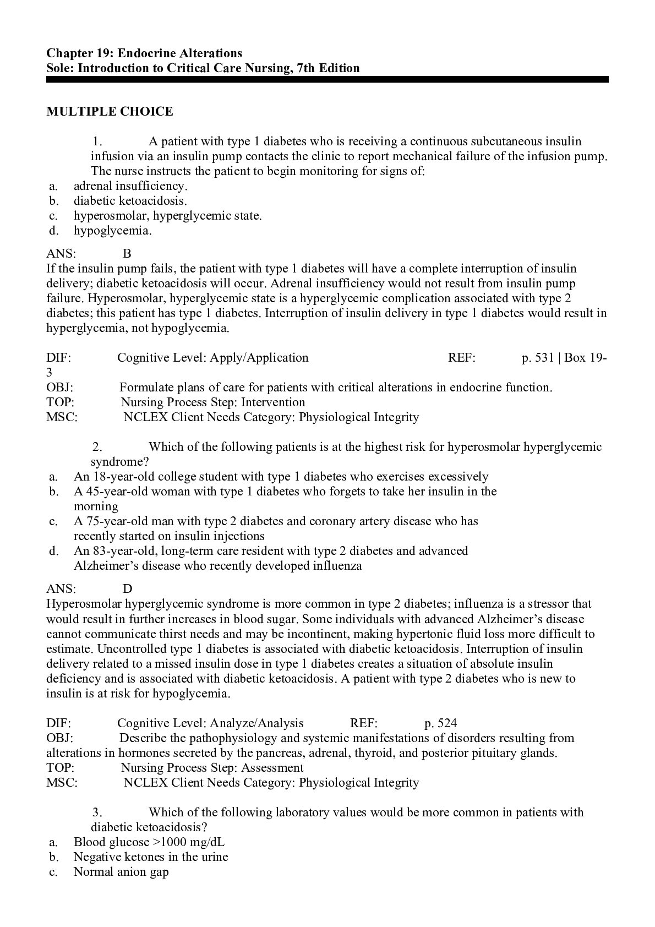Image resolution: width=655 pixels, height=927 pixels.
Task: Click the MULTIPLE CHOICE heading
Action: coord(110,112)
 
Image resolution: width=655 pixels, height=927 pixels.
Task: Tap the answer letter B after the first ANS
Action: coord(127,254)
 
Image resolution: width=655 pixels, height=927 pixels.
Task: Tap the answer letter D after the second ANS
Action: coord(127,589)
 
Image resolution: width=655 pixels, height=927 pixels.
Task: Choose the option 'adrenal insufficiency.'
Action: coord(130,186)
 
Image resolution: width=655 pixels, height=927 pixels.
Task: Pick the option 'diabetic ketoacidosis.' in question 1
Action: coord(130,201)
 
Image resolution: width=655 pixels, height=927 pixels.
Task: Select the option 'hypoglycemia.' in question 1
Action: coord(112,231)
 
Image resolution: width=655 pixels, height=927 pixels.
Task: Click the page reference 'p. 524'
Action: coord(440,723)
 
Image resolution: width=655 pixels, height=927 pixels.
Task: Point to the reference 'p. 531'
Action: coord(537,358)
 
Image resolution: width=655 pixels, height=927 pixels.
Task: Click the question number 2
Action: coord(97,447)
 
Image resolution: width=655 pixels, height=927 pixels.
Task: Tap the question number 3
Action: coord(97,813)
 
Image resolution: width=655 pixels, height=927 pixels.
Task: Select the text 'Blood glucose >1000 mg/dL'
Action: coord(149,842)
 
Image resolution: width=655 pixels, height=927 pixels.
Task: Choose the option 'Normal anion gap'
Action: coord(121,872)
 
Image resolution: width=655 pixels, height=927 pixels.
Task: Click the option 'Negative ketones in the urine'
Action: coord(151,857)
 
